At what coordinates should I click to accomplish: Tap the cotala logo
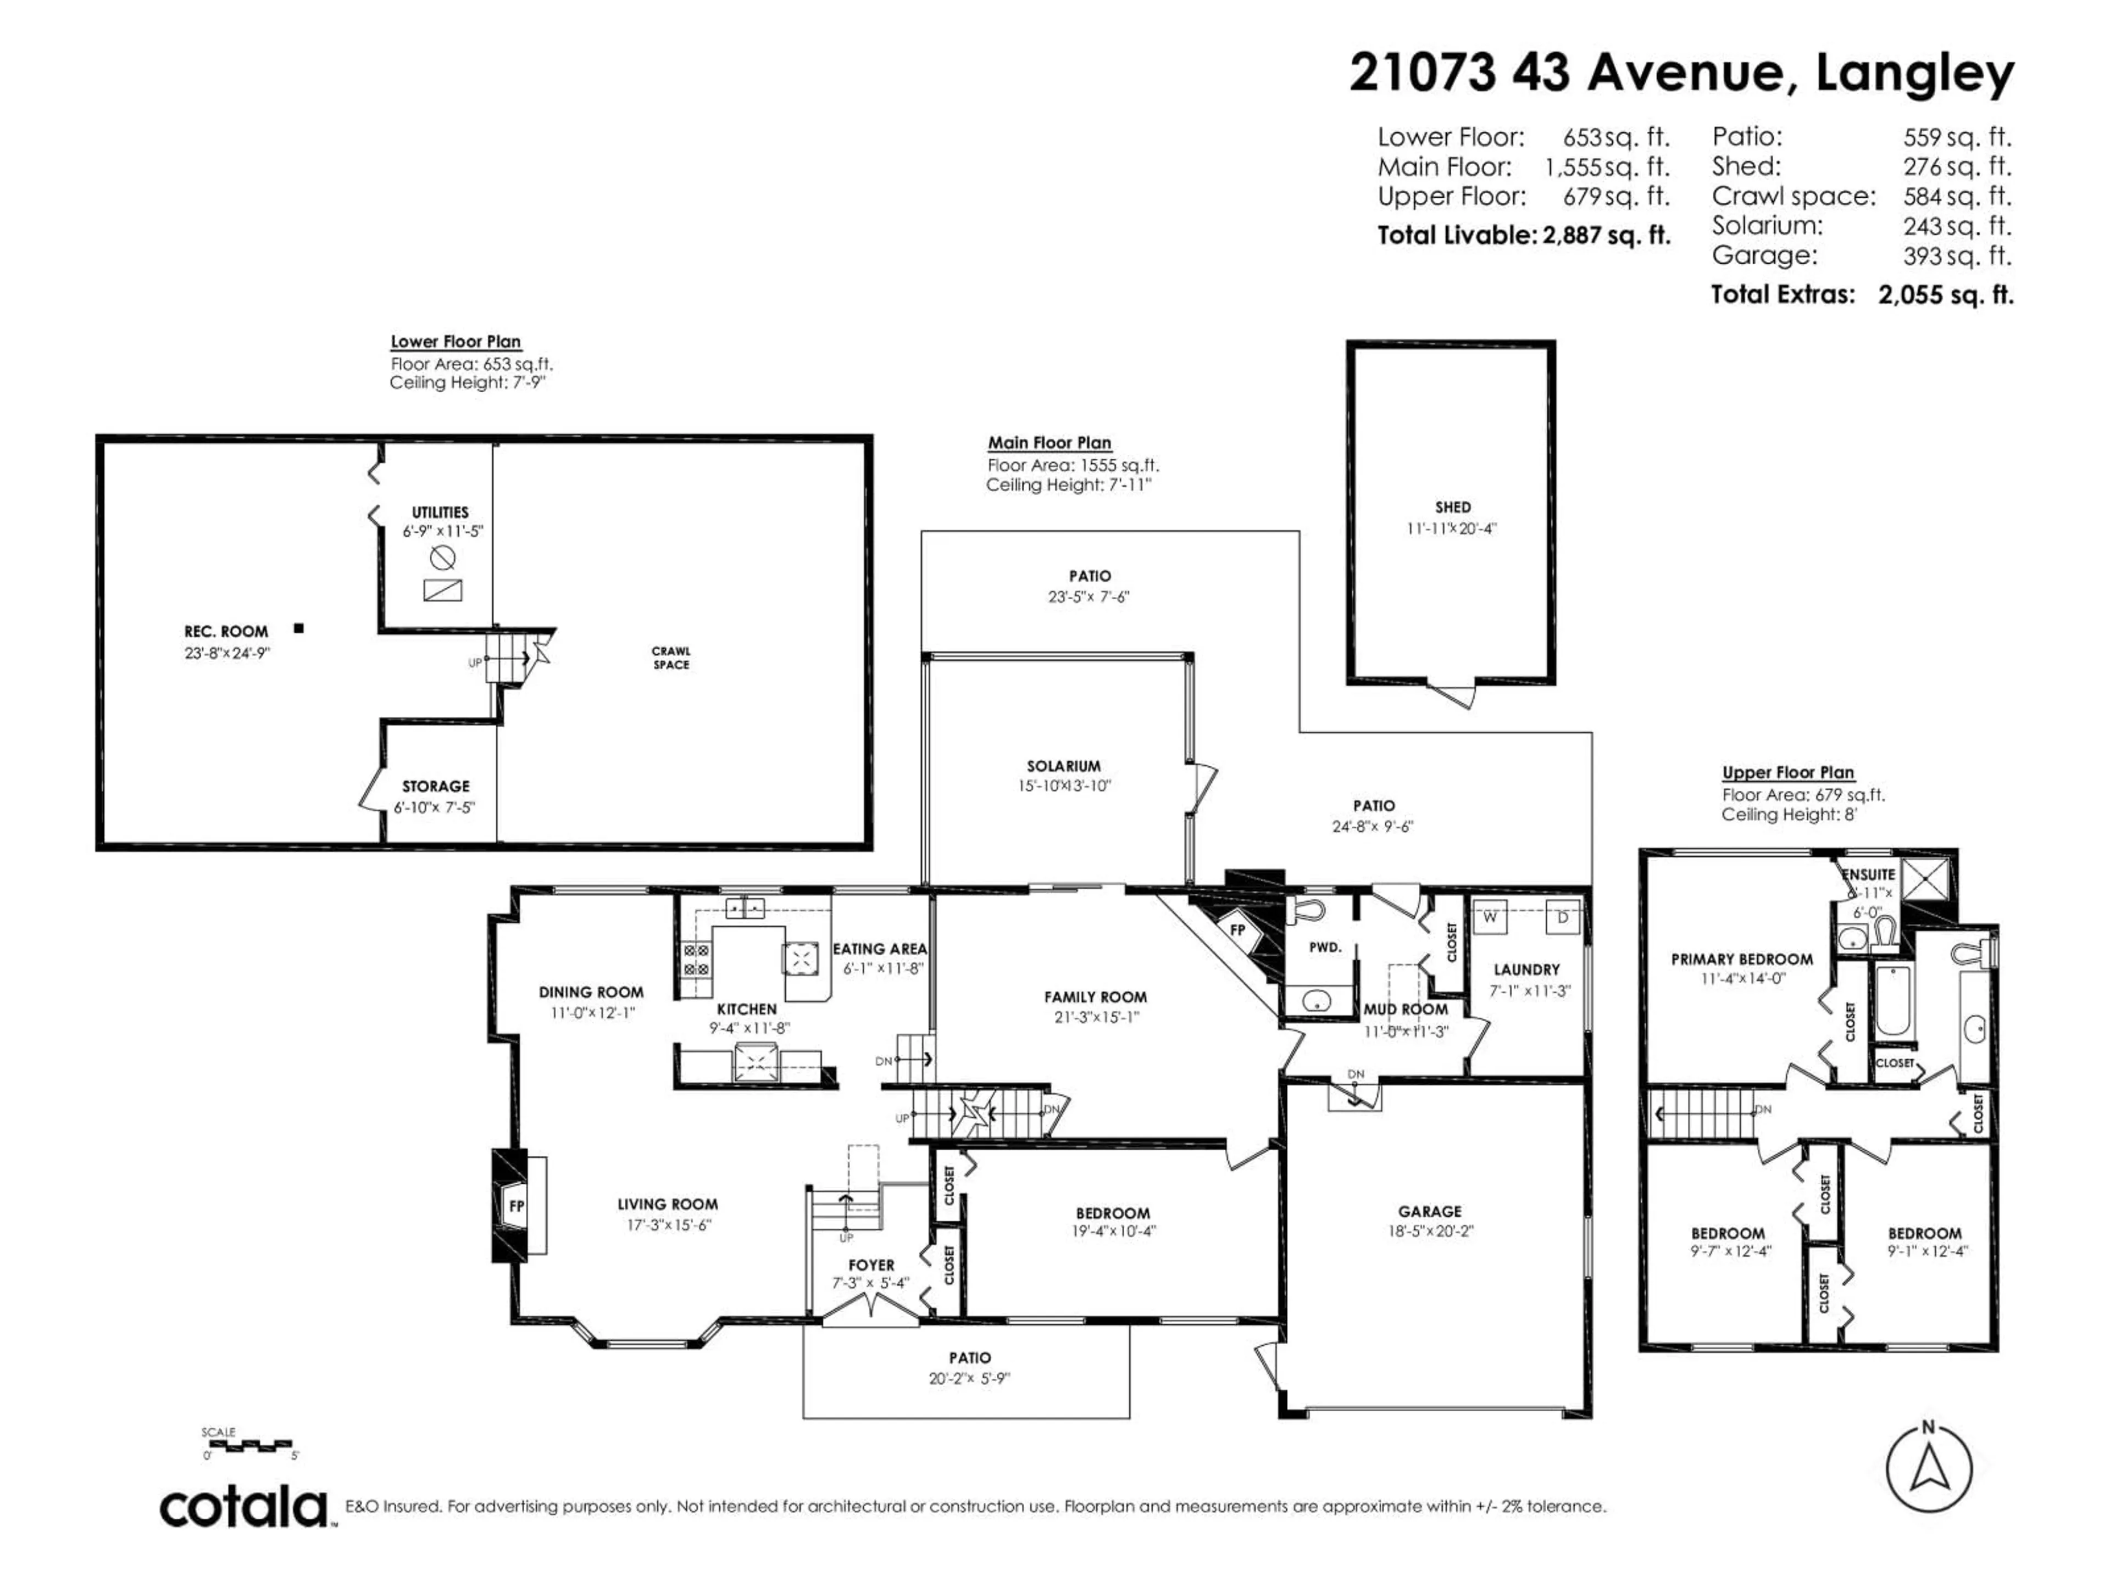coord(244,1508)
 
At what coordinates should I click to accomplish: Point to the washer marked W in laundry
coord(1490,917)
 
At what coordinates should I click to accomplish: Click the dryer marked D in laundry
coord(1562,917)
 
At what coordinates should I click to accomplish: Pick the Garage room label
coord(1430,1211)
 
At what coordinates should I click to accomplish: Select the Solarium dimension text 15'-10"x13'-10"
coord(1064,786)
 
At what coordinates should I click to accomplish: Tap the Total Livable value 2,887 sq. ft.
coord(1606,236)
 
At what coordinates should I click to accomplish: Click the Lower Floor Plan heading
coord(456,341)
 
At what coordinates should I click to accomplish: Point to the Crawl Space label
coord(671,658)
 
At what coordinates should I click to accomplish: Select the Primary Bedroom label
coord(1742,959)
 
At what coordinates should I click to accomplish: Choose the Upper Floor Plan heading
coord(1787,772)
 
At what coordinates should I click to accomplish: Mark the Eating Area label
coord(880,949)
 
